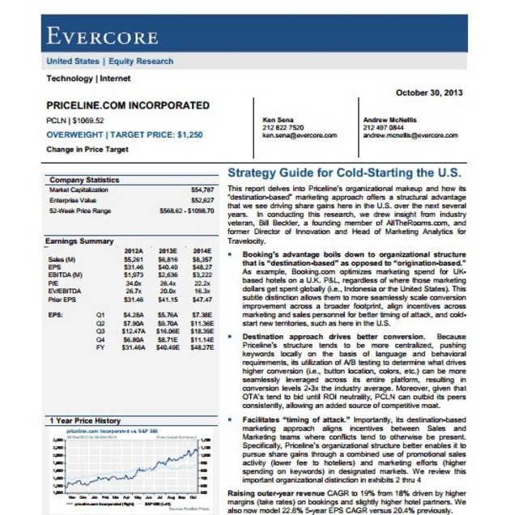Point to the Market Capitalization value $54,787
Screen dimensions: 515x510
[x=201, y=189]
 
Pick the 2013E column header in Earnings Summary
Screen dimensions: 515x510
[x=168, y=251]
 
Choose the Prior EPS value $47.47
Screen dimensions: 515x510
[x=202, y=299]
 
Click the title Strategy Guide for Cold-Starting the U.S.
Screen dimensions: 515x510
[x=344, y=173]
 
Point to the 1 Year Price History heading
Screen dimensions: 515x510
[x=85, y=421]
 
